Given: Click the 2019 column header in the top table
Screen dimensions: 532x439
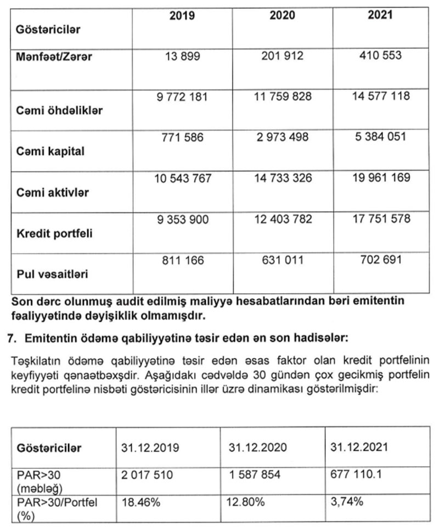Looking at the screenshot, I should point(182,15).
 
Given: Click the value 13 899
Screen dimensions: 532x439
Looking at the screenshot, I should point(182,56).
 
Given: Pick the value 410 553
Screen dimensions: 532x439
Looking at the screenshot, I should point(380,55).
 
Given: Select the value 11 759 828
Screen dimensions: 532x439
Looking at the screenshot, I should point(282,97).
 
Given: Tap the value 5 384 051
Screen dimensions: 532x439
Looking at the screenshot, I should point(380,137).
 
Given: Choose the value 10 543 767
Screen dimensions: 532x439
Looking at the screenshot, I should point(182,178).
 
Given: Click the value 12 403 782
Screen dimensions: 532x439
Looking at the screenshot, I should point(282,219).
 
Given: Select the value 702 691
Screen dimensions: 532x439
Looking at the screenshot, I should point(380,259).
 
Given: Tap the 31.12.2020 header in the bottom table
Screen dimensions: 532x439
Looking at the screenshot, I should point(255,448).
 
